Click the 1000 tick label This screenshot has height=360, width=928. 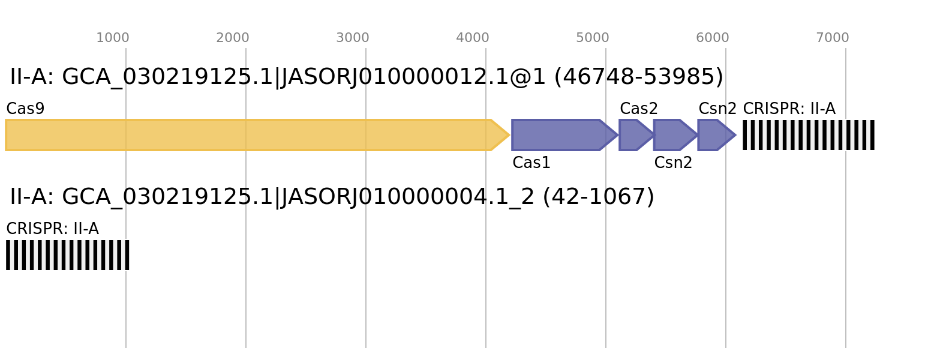click(113, 38)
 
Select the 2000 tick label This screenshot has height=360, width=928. click(233, 38)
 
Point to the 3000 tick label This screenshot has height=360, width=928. click(353, 38)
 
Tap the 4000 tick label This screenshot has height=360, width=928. click(473, 38)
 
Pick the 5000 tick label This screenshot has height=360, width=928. click(593, 38)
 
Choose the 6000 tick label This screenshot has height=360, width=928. click(713, 38)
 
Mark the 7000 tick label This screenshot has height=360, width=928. click(833, 38)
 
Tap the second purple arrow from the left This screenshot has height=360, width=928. click(633, 135)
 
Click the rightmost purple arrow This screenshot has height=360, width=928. click(714, 135)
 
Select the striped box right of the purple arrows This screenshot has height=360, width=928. click(809, 135)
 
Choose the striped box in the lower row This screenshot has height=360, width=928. click(68, 255)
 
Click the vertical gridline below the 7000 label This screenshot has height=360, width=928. click(846, 240)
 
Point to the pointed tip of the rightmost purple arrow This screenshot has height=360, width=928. click(735, 135)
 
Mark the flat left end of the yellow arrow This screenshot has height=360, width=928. click(7, 135)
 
